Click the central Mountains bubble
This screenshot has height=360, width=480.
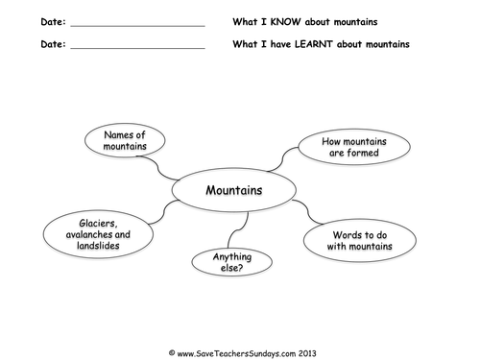click(x=233, y=190)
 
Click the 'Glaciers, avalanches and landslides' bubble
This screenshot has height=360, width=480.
click(x=99, y=233)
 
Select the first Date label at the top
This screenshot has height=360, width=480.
click(x=53, y=21)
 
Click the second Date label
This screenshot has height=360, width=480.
click(x=53, y=43)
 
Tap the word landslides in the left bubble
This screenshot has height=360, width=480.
click(x=99, y=246)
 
